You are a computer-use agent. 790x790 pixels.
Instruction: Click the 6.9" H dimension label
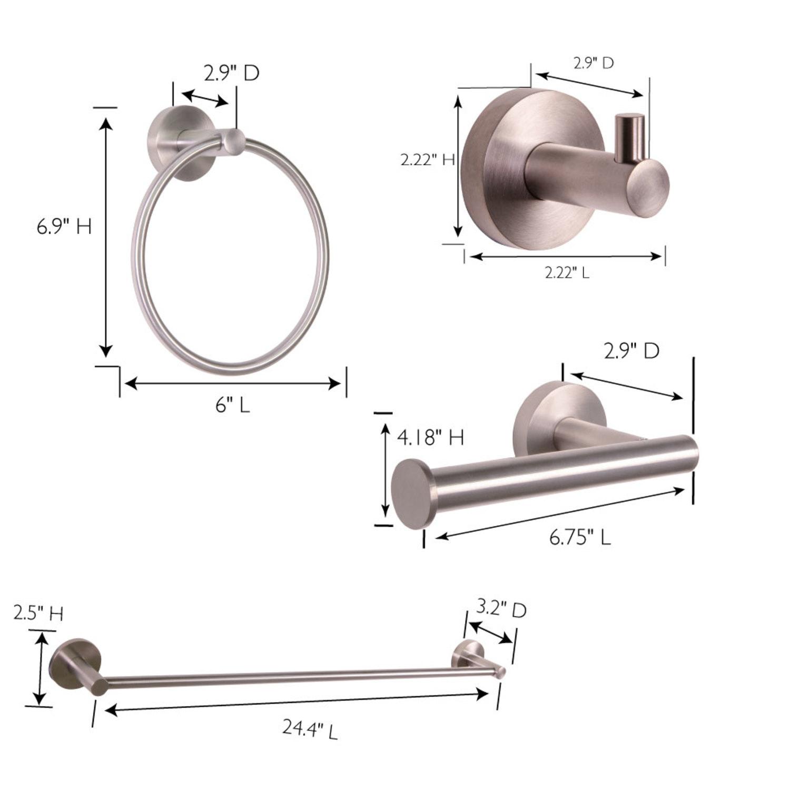pos(64,226)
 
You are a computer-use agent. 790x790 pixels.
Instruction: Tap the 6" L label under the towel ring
pos(232,405)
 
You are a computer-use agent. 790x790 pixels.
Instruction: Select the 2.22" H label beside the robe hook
pos(427,160)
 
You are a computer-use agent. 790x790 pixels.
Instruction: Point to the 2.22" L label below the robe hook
pos(567,273)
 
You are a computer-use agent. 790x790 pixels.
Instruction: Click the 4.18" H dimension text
pos(430,437)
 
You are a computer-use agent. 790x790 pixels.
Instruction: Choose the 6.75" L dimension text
pos(580,538)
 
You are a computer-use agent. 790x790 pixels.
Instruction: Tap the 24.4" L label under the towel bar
pos(310,729)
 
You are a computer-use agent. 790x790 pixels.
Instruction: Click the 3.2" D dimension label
pos(501,609)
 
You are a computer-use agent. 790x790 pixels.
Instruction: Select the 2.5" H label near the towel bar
pos(38,614)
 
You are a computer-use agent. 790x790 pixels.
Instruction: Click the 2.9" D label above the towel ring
pos(232,74)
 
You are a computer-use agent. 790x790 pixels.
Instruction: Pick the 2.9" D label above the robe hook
pos(594,63)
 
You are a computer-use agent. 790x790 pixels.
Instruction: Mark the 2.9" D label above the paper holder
pos(631,351)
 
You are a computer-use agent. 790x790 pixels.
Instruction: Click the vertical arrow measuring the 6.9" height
pos(106,237)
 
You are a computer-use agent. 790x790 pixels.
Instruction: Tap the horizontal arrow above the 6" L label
pos(232,383)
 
